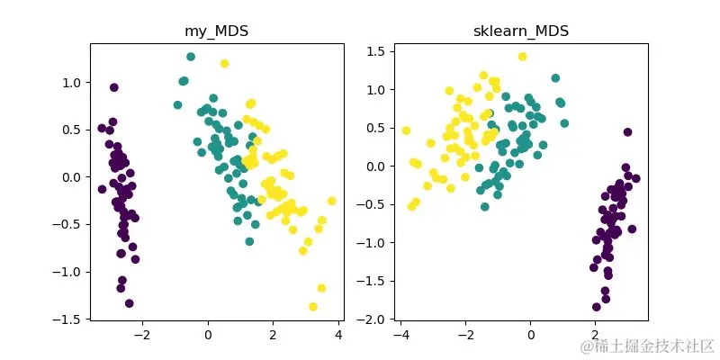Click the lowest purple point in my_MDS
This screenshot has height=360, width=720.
129,303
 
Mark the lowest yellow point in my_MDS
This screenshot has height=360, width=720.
313,307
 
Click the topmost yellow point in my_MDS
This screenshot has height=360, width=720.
224,63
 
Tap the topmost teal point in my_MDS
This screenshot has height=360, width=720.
191,57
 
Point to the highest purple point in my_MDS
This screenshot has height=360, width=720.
114,87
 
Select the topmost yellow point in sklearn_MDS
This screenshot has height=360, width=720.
522,57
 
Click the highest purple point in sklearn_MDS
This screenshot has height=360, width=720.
627,131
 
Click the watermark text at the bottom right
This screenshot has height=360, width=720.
648,346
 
